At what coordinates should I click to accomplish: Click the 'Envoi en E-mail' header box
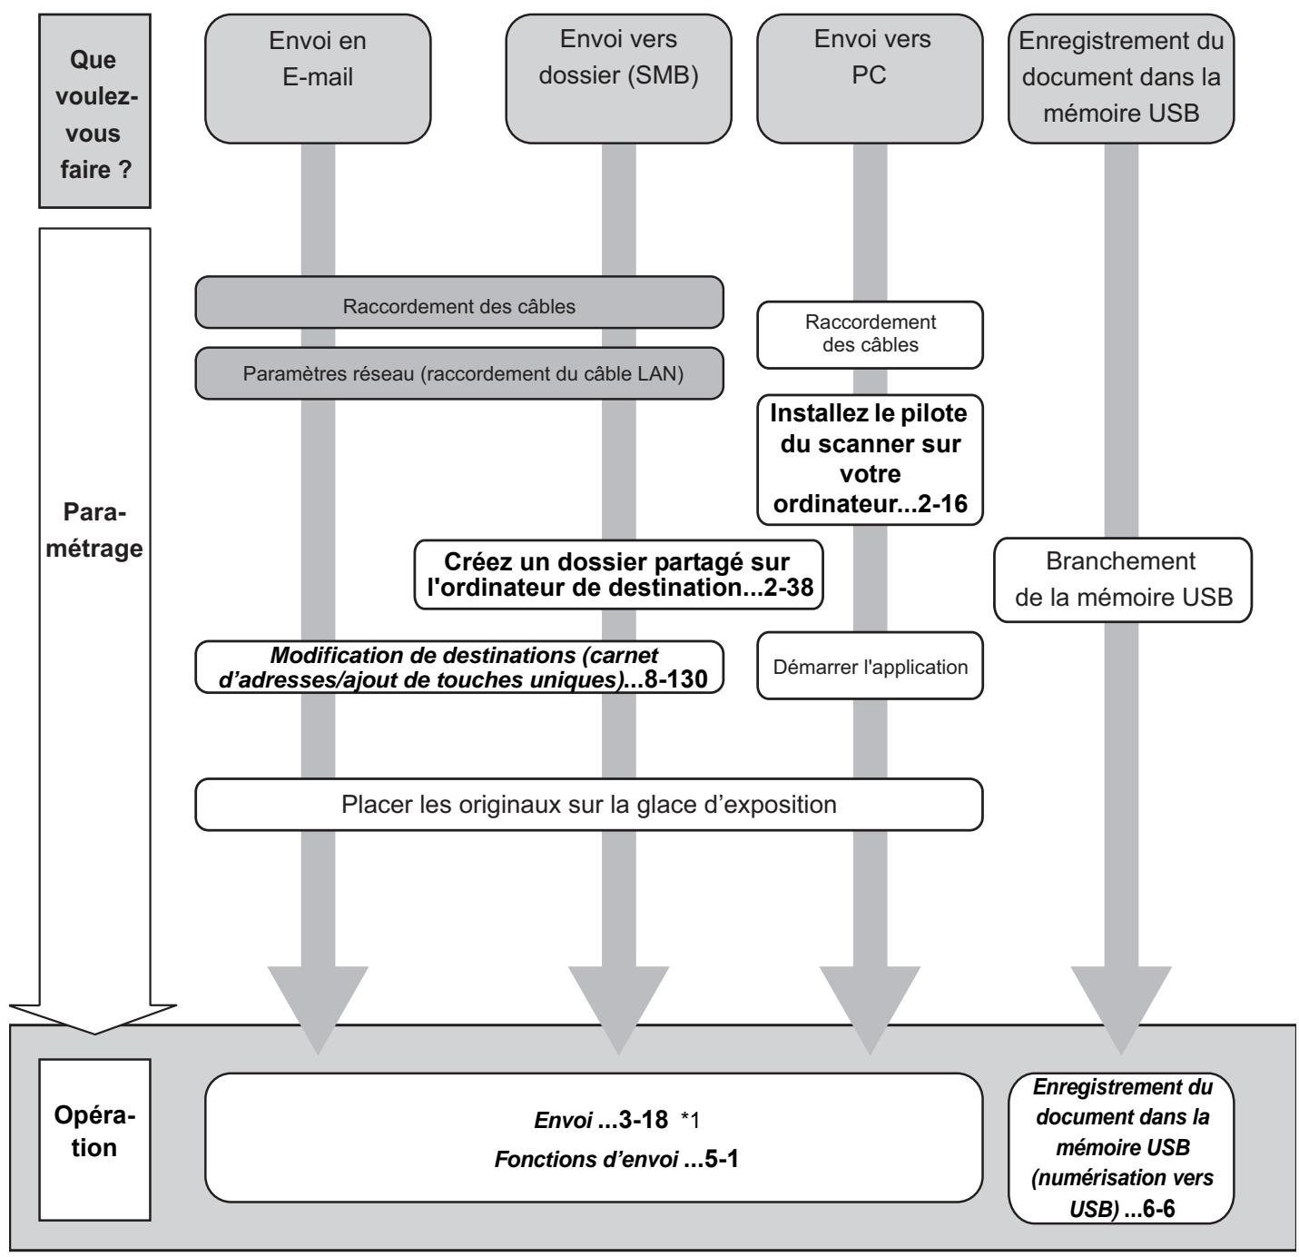pos(317,79)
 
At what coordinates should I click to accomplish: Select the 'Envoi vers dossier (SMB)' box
pos(618,79)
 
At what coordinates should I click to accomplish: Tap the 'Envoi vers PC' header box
pos(869,79)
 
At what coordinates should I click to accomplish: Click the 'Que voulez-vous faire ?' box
pos(94,111)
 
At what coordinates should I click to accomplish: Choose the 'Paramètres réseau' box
pos(459,373)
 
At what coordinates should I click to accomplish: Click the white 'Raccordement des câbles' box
pos(870,334)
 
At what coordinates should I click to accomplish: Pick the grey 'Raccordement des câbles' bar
pos(459,302)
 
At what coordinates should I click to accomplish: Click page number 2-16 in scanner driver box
pos(942,503)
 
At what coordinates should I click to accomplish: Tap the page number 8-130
pos(675,679)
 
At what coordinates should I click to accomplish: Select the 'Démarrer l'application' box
pos(870,666)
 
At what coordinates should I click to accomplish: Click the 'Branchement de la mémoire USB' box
pos(1122,579)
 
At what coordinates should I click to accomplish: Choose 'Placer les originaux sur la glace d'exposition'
pos(589,804)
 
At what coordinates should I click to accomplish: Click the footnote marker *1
pos(690,1120)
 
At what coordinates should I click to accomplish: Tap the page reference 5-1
pos(722,1159)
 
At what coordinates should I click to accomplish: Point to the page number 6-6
pos(1158,1208)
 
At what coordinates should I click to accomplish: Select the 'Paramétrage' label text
pos(94,530)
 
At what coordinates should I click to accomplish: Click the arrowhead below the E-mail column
pos(318,1010)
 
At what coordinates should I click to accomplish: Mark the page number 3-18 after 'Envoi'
pos(644,1120)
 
